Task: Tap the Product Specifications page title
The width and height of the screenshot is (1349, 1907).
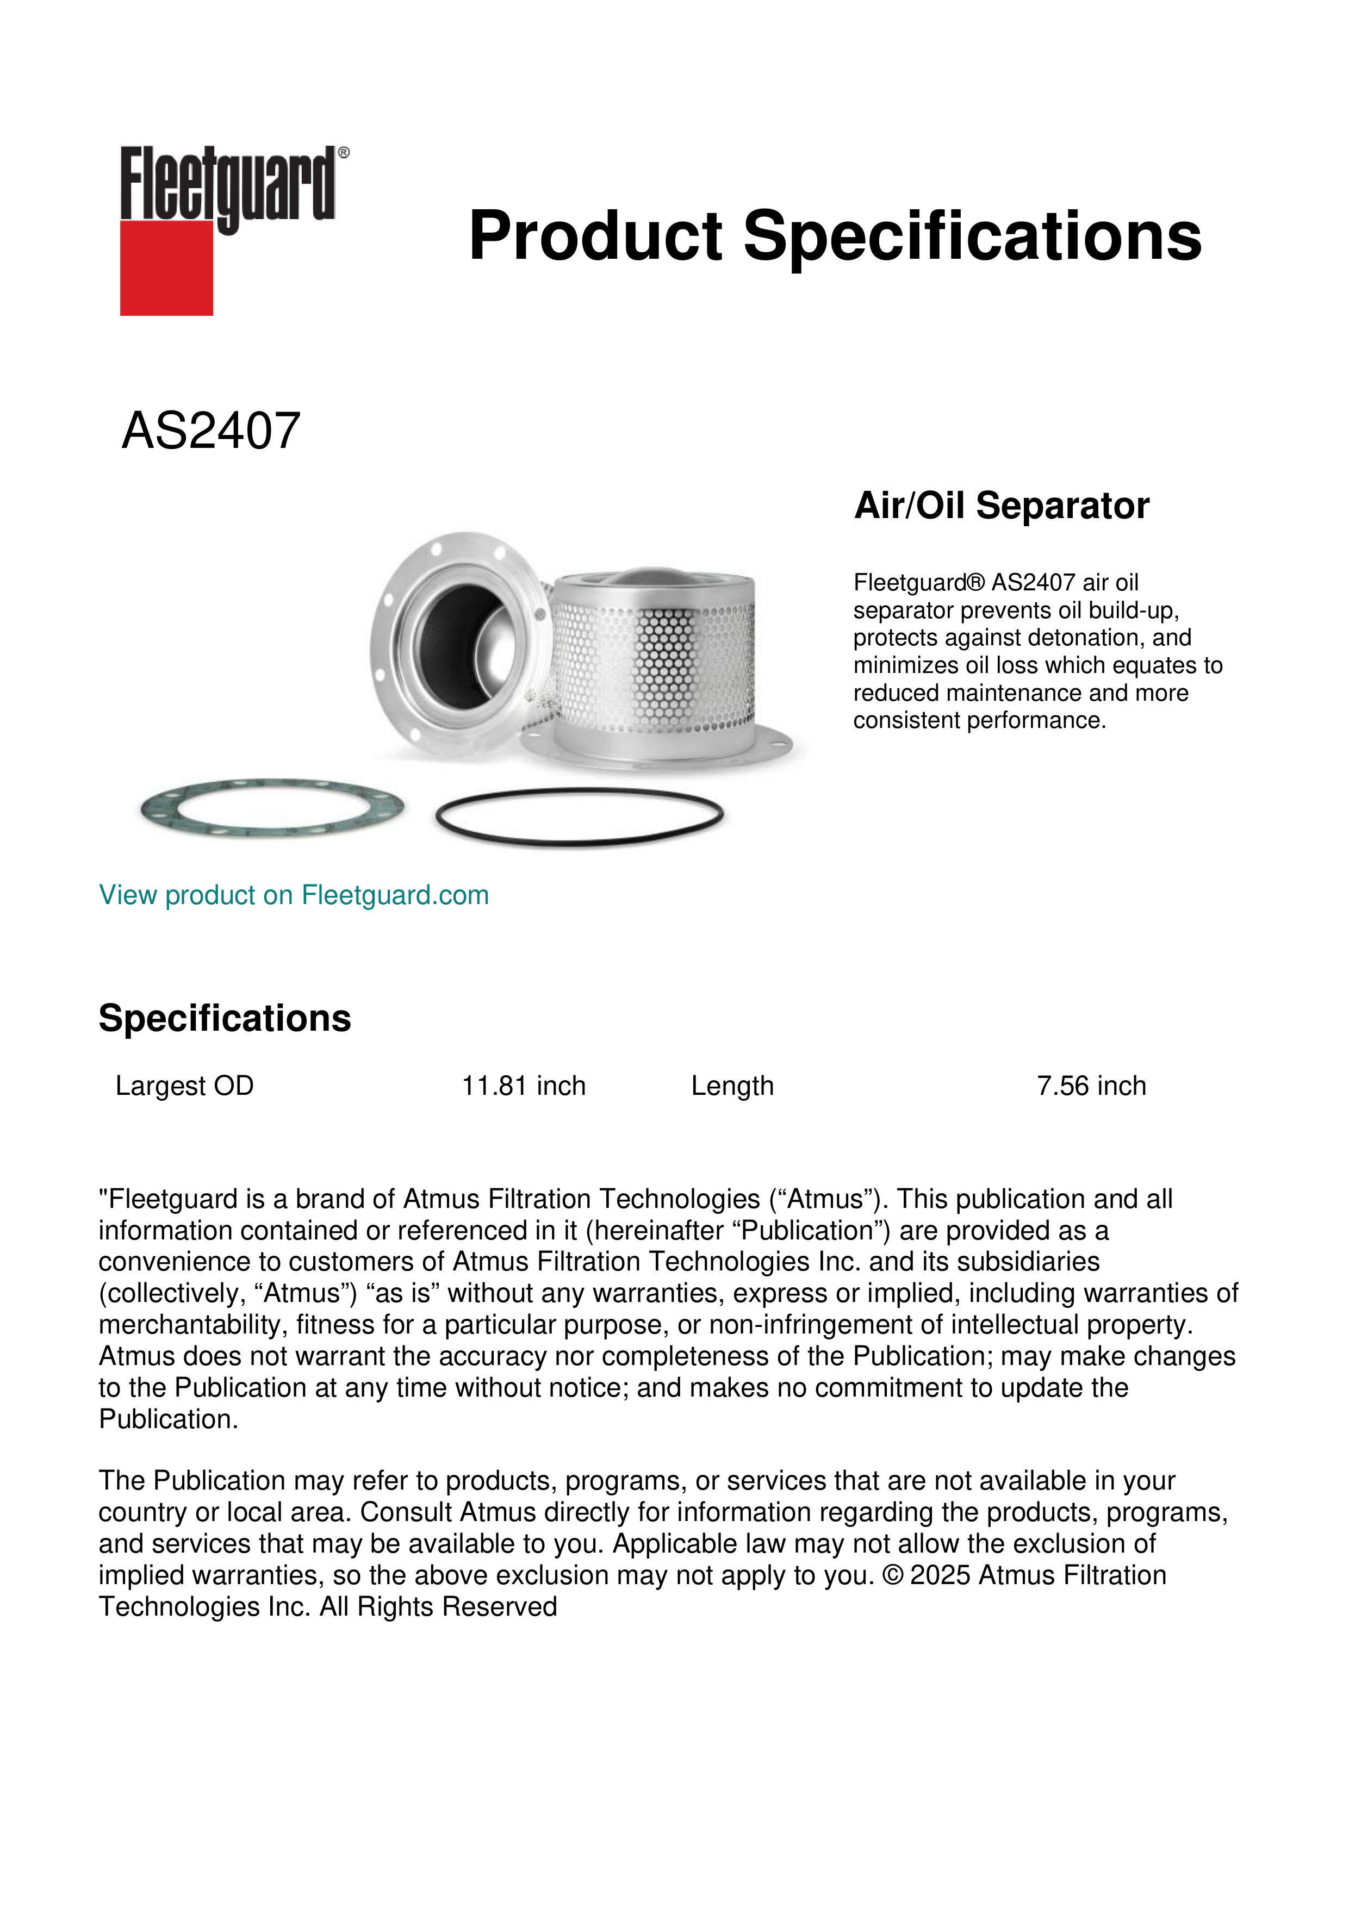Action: (x=835, y=236)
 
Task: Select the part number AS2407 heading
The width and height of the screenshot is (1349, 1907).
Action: (x=211, y=431)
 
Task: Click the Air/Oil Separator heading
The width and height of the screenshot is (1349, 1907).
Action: (x=1002, y=506)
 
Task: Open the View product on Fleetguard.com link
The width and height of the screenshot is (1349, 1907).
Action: (x=294, y=895)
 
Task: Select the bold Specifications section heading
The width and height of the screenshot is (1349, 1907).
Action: (x=224, y=1018)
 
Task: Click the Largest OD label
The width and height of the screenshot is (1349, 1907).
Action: (x=184, y=1086)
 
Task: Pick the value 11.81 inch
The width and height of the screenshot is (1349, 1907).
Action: (x=523, y=1086)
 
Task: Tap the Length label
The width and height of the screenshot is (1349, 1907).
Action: (x=732, y=1086)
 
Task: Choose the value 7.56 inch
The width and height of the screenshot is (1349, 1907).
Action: (x=1091, y=1086)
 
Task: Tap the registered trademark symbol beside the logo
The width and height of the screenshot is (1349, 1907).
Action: (x=344, y=153)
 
